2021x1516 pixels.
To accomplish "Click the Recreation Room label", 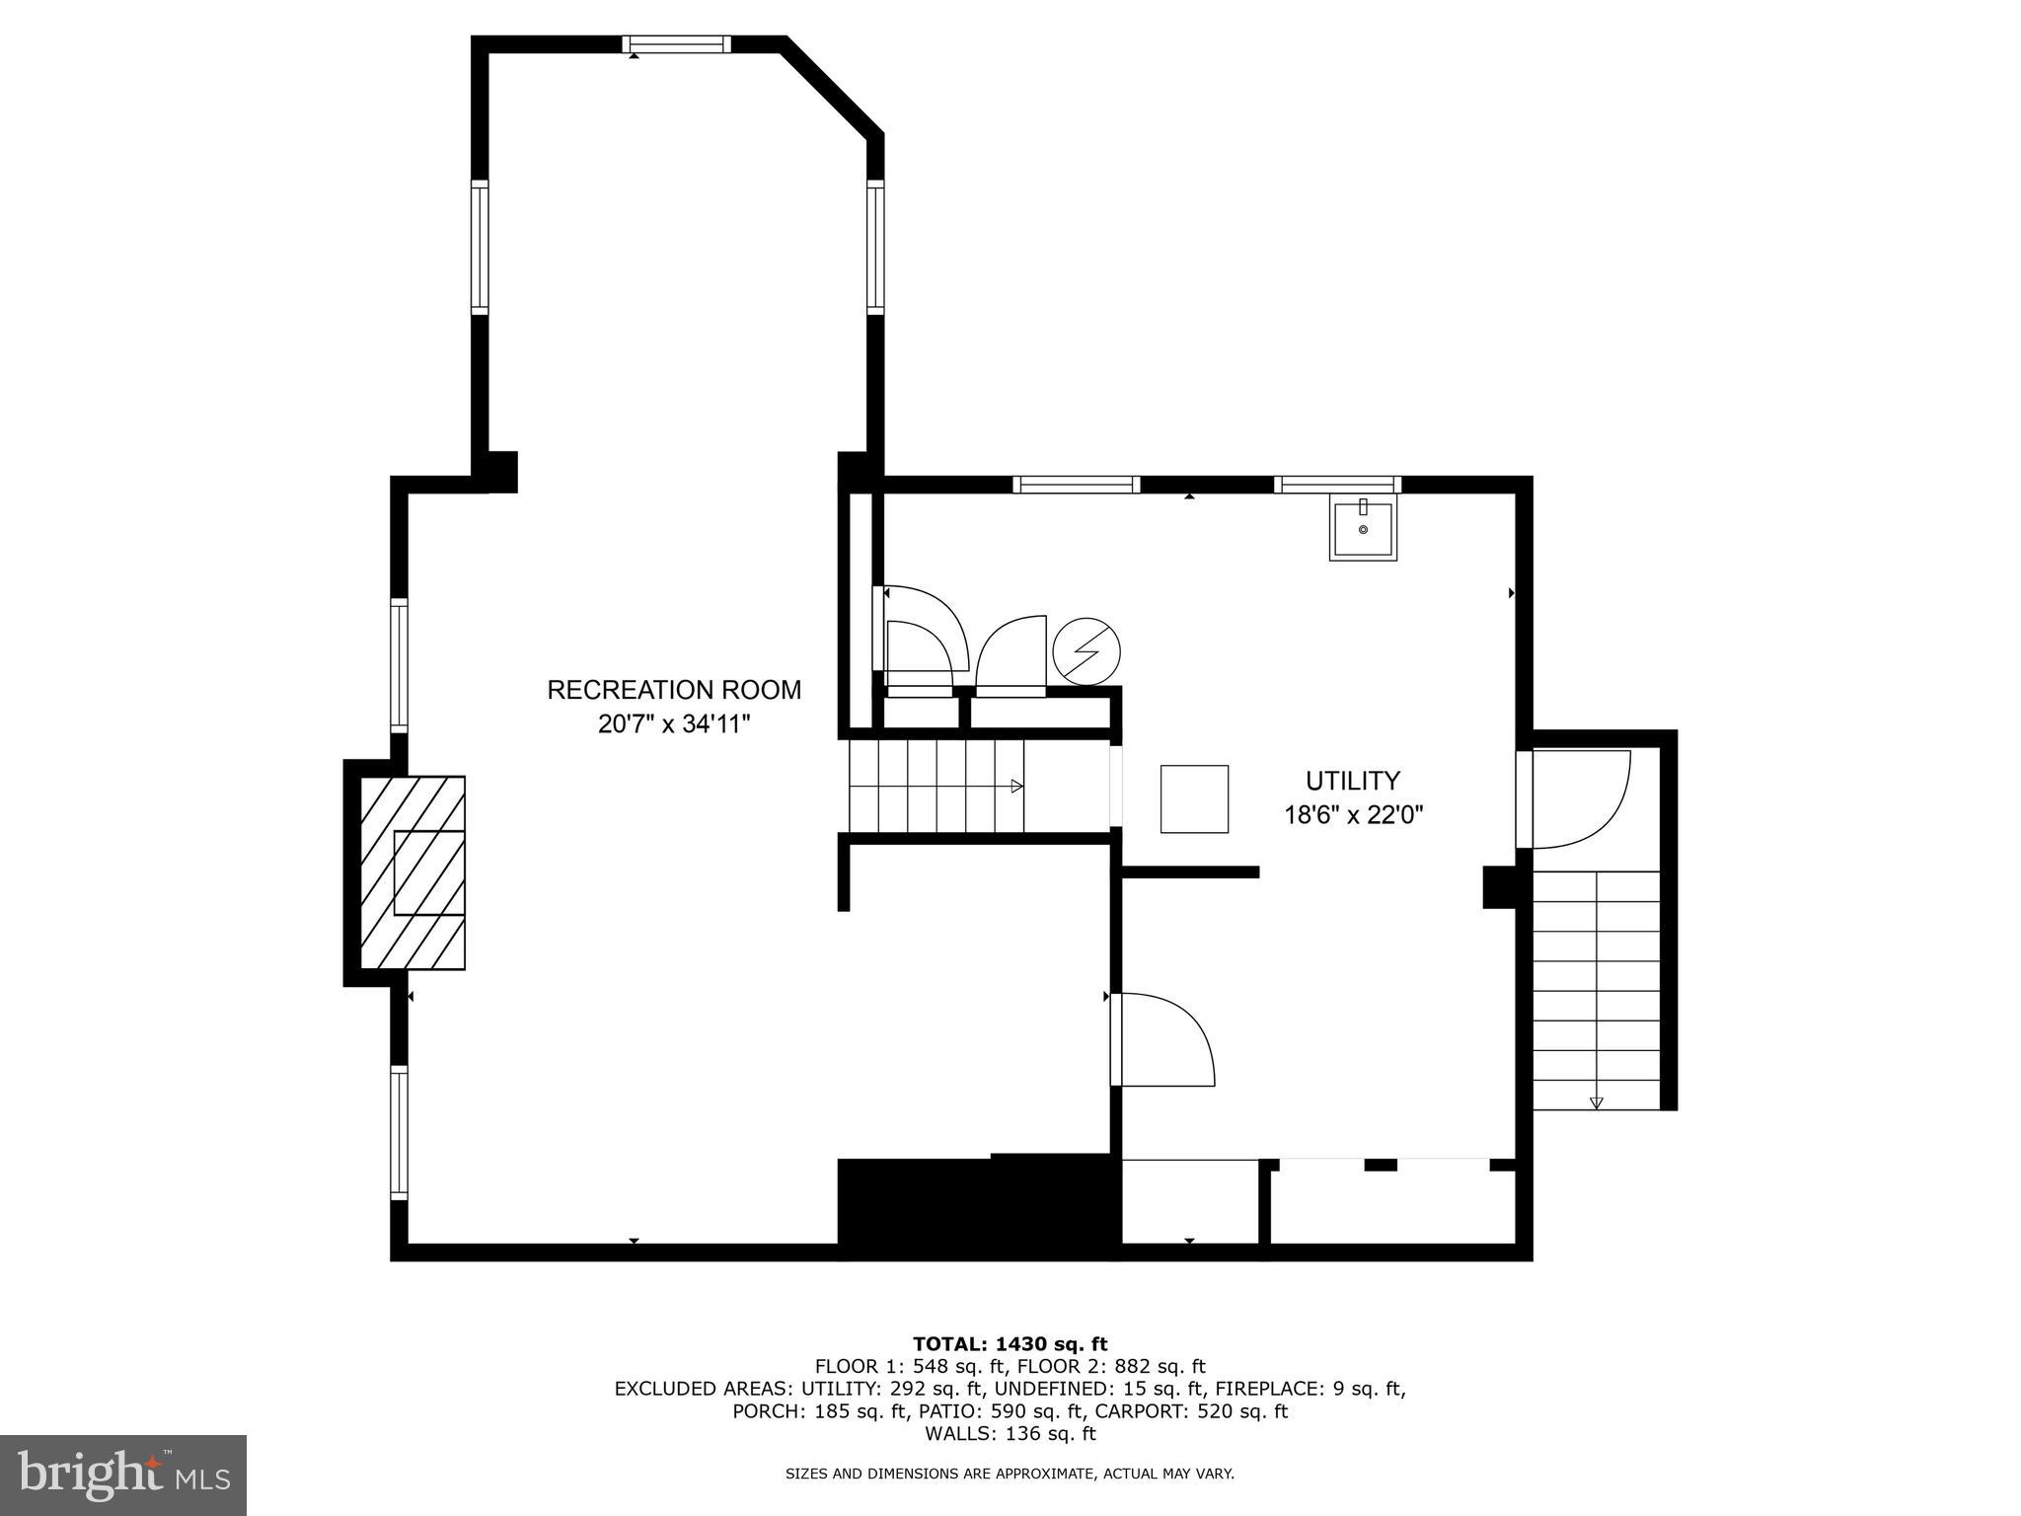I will point(674,690).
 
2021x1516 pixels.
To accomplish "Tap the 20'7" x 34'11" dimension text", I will point(674,724).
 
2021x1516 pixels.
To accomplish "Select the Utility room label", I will point(1352,781).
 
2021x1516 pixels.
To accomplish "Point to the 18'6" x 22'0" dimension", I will point(1352,815).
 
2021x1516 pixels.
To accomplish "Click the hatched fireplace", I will point(412,872).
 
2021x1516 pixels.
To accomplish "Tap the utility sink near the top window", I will point(1363,531).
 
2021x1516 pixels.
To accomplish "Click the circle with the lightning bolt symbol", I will point(1086,651).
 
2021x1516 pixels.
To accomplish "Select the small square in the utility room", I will point(1194,798).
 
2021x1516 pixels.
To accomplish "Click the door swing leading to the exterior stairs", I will point(1579,799).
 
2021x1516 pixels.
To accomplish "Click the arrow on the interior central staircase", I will point(1016,787).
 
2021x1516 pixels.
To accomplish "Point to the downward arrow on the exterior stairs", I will point(1596,1102).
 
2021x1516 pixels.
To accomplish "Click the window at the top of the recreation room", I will point(677,43).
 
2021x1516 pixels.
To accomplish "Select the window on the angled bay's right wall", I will point(875,246).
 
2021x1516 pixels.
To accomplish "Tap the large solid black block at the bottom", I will point(977,1207).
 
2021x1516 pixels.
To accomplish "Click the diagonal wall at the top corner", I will point(832,88).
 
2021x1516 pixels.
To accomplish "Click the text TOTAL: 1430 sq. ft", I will point(1010,1343).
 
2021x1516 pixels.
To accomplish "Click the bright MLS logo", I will point(123,1475).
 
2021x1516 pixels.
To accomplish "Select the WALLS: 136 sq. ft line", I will point(1010,1434).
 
